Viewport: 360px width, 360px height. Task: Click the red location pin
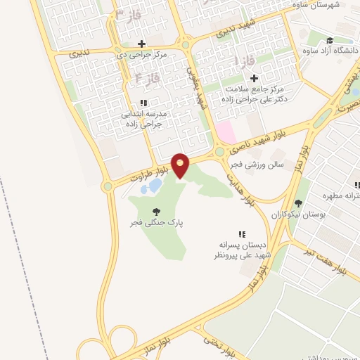181,166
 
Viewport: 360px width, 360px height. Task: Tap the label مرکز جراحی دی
143,55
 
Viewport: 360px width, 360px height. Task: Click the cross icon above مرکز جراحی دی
143,44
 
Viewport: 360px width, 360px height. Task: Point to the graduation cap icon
330,41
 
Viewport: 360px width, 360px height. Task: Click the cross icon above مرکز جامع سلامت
254,78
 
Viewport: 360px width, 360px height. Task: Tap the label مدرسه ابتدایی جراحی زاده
144,117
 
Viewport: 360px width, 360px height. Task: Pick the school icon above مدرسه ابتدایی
143,103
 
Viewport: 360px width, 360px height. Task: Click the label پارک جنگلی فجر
155,222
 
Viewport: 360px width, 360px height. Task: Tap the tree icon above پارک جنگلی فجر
155,210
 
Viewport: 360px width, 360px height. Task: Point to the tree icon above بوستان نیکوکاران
298,203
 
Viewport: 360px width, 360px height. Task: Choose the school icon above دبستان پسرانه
242,234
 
